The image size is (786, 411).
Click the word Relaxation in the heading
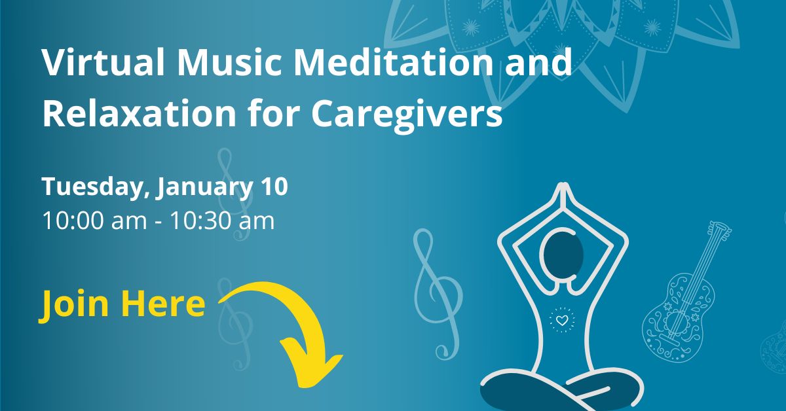pos(140,113)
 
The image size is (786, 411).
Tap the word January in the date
pos(204,188)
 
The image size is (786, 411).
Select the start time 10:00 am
pos(94,221)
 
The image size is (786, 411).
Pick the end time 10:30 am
pos(222,221)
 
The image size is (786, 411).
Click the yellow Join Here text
pos(122,304)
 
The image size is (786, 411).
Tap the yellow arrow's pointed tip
pos(303,386)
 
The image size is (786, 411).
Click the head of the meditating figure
pos(563,254)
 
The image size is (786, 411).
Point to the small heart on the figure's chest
pos(562,320)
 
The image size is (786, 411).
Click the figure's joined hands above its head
pos(563,196)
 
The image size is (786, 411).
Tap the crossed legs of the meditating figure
pos(561,390)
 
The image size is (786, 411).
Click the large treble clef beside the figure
pos(437,294)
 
